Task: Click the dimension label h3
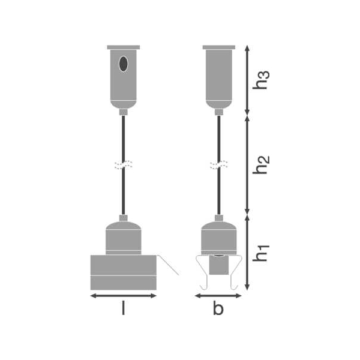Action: [x=261, y=80]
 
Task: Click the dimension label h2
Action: [x=261, y=165]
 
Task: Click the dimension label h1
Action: [x=261, y=253]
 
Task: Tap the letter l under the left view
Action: [x=123, y=308]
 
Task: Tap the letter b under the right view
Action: [x=218, y=308]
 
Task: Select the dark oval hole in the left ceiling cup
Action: [x=124, y=64]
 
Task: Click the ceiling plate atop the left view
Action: [x=124, y=47]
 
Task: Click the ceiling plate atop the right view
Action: [x=219, y=47]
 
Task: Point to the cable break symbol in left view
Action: [x=124, y=165]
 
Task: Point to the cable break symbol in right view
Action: [x=219, y=165]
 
